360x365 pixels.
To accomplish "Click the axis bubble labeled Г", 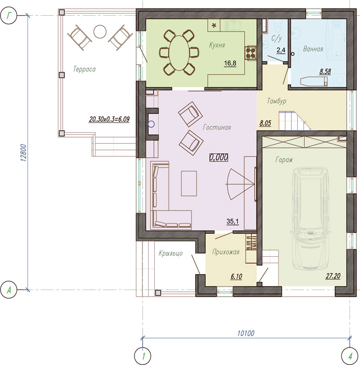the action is coord(9,16).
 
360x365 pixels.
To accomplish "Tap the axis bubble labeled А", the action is coord(9,290).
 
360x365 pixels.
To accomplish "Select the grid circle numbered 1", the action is coord(143,356).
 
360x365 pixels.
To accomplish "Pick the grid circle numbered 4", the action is coord(349,356).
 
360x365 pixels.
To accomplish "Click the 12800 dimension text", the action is coord(24,153).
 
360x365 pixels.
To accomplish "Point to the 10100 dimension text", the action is coord(246,333).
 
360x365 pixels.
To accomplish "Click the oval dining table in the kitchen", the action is coord(179,53).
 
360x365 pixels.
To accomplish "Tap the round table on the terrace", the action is coord(100,31).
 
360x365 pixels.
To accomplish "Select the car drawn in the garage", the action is coord(310,218).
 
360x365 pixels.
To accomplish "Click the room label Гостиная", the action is coord(217,127).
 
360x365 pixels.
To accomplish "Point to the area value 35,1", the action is coord(233,221).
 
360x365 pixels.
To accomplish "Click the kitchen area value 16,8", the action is coord(230,63).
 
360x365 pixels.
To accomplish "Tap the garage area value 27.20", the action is coord(333,276).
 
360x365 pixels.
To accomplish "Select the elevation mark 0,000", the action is coord(218,157).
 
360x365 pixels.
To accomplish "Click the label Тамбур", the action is coord(277,101).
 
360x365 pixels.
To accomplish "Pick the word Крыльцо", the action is coord(171,253).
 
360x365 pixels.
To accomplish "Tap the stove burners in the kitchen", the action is coord(250,53).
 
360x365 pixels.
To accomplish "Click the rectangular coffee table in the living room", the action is coord(189,183).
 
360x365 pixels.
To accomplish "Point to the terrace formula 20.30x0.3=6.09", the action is coord(109,119).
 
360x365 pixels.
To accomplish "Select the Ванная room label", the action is coord(313,49).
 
